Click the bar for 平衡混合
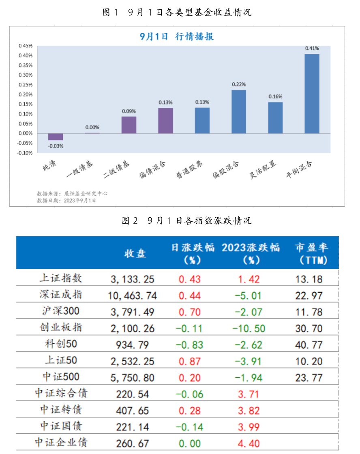(x=312, y=94)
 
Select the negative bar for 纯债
(x=56, y=137)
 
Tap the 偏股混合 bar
(x=239, y=111)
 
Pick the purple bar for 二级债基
(x=129, y=125)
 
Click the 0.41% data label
(x=312, y=48)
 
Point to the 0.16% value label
(x=275, y=96)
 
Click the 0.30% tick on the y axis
(x=25, y=75)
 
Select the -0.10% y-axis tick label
(x=25, y=153)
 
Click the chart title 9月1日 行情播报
(x=177, y=36)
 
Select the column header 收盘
(x=135, y=254)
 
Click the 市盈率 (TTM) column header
(x=311, y=254)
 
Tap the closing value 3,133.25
(x=132, y=279)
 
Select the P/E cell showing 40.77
(x=309, y=345)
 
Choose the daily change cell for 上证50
(x=189, y=361)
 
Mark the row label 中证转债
(x=61, y=410)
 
